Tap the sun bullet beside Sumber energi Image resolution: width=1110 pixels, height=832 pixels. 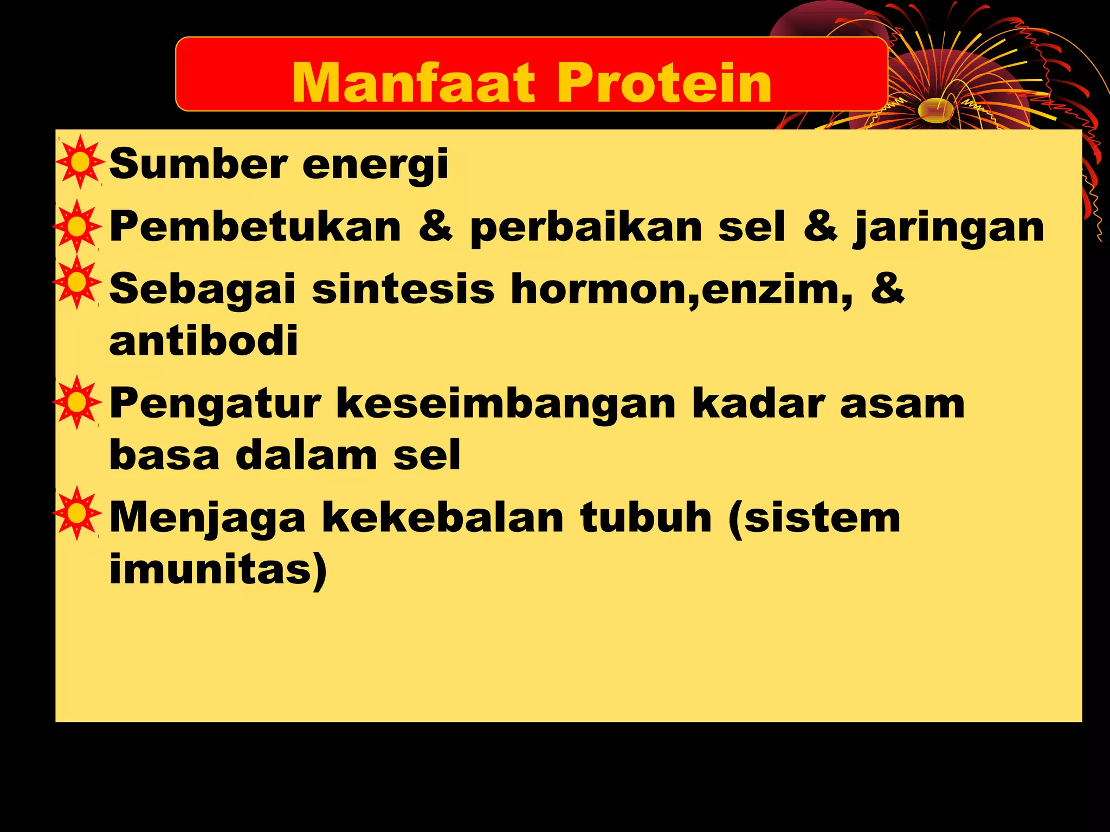[x=80, y=162]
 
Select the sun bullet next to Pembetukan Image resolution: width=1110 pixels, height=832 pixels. [x=78, y=226]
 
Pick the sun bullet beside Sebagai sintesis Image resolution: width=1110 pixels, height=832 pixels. [x=78, y=282]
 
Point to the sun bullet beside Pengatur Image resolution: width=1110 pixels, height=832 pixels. [x=78, y=402]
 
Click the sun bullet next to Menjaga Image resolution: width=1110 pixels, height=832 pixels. [x=78, y=513]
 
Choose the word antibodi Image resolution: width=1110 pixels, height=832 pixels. [x=204, y=341]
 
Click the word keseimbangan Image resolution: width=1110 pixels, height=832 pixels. [x=506, y=405]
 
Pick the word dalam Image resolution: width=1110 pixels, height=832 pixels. [x=306, y=456]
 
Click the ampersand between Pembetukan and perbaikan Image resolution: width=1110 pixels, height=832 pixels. [x=435, y=226]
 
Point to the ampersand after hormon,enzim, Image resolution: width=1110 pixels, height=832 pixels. [x=887, y=288]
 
